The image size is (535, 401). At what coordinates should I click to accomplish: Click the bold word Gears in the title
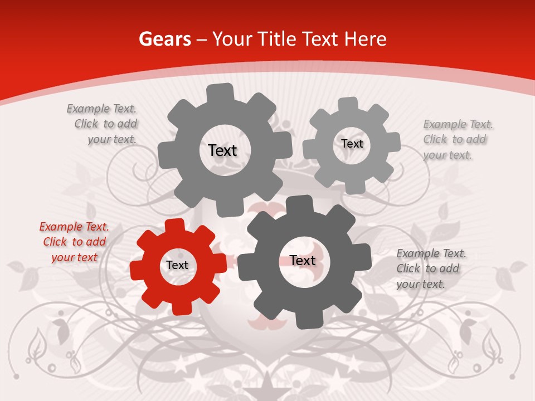165,39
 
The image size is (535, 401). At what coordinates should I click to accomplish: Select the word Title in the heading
277,39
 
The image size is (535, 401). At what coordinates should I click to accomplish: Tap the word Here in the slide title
366,39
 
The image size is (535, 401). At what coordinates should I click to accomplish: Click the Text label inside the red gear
177,266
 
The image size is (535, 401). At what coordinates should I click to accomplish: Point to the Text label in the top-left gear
222,150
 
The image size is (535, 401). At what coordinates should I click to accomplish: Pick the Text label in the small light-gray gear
352,144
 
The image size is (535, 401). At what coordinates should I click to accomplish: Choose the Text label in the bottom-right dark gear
303,261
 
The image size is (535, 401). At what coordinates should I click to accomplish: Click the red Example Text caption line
74,227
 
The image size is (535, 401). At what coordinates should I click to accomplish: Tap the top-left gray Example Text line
101,109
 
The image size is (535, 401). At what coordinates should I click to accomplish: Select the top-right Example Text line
458,124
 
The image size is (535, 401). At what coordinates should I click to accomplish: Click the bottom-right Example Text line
431,253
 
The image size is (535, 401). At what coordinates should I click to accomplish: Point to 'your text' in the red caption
74,257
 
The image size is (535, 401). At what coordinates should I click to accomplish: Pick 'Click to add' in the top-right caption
454,139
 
